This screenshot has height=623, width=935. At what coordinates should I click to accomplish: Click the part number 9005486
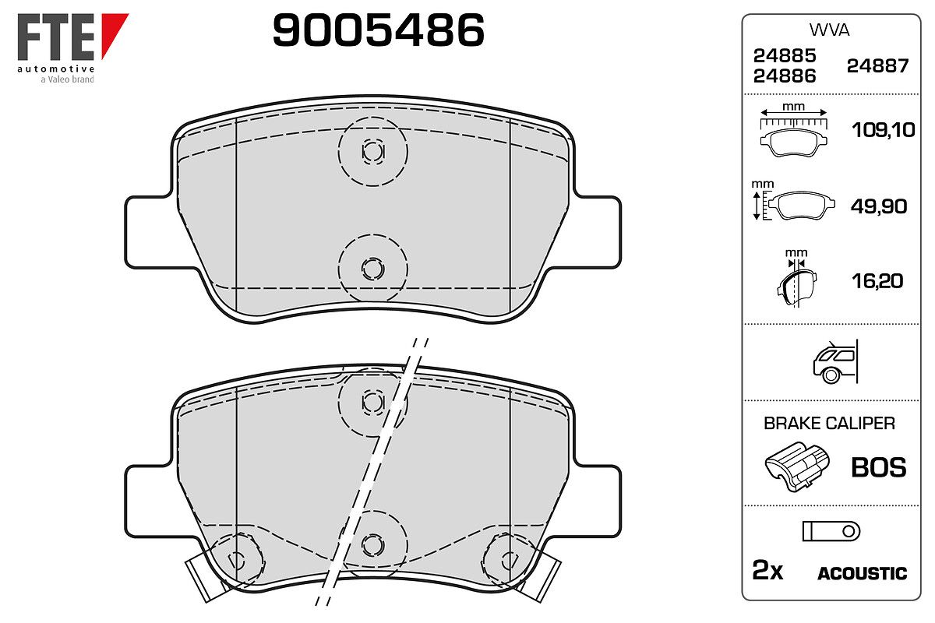378,30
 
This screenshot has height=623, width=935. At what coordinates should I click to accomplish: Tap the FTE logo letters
56,37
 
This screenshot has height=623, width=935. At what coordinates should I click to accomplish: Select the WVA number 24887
877,66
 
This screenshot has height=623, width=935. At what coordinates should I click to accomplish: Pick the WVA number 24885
785,55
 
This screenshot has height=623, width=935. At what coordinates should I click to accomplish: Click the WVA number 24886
785,76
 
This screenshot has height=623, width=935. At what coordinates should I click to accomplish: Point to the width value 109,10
884,130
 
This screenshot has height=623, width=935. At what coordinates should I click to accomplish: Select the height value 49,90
879,206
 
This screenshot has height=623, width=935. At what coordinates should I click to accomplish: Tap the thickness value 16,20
877,281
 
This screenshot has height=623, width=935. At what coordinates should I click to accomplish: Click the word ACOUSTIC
863,573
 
